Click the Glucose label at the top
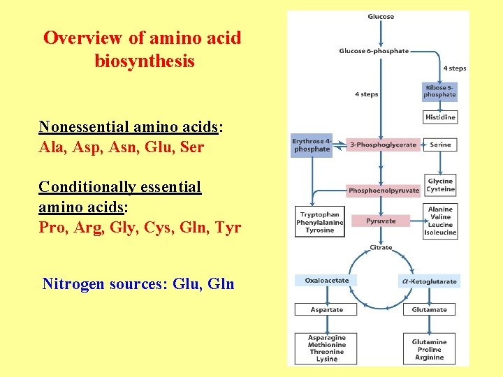click(x=381, y=17)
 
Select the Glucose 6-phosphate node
click(x=374, y=51)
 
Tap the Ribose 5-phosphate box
click(x=440, y=91)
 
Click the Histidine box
click(x=440, y=117)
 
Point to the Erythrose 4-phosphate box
click(x=312, y=145)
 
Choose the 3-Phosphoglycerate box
click(x=383, y=145)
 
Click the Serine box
click(x=440, y=145)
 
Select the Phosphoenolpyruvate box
click(x=384, y=190)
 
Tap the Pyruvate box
click(x=381, y=221)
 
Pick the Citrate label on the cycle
click(x=381, y=248)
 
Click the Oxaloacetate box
click(x=326, y=281)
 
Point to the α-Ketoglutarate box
click(x=429, y=281)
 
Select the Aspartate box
click(x=326, y=309)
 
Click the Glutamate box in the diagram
click(x=429, y=309)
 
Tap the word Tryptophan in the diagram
click(x=319, y=215)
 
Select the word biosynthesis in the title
click(x=144, y=61)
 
